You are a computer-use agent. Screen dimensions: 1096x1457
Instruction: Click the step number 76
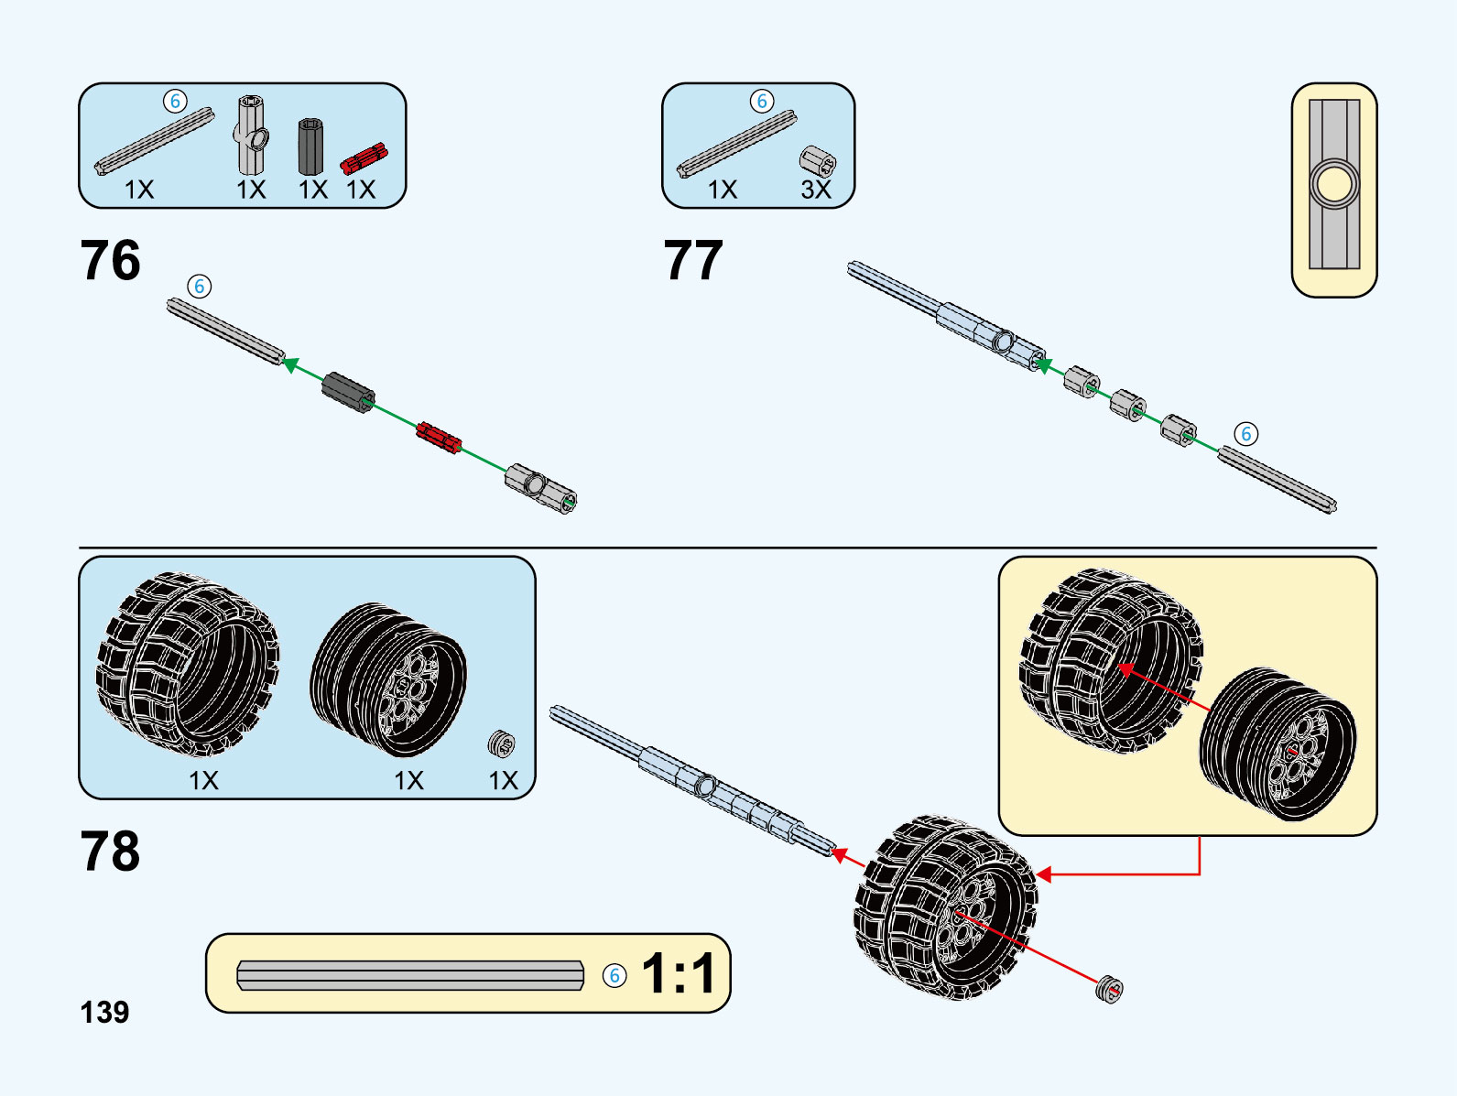point(110,261)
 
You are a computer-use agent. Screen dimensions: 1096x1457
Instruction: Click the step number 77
point(693,261)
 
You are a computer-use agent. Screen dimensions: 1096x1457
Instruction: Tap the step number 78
point(110,852)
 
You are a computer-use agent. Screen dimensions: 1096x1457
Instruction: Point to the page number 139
point(104,1013)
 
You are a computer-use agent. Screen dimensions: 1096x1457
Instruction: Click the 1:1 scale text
point(678,973)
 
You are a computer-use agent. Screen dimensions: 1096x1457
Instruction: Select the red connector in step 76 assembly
point(439,437)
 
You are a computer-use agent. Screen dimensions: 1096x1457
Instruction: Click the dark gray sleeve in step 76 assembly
point(348,392)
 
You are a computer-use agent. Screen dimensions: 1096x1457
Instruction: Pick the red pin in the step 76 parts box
point(364,158)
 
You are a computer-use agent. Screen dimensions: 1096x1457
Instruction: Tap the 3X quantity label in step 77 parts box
point(816,190)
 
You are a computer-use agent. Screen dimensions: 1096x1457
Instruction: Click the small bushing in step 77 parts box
point(817,161)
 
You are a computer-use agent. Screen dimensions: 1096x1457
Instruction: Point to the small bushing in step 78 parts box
point(501,743)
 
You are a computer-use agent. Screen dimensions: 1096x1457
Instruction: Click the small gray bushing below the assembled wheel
point(1109,990)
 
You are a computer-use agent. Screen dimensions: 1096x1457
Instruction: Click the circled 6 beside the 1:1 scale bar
point(614,975)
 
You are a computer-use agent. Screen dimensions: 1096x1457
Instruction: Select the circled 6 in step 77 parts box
point(762,101)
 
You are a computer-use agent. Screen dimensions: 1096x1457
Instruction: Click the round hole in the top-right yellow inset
point(1333,184)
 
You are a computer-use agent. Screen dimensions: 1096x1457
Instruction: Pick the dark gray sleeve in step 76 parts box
point(311,146)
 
